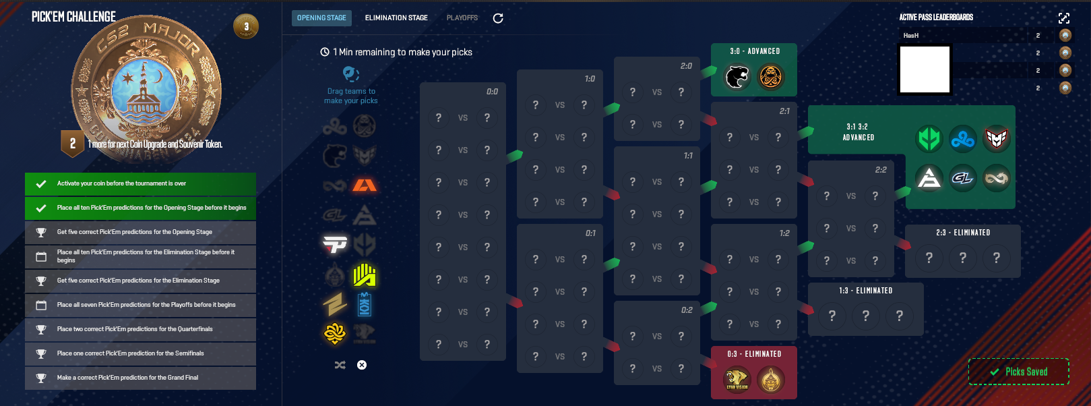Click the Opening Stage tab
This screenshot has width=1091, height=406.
[321, 18]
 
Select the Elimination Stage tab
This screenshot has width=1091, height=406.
[396, 18]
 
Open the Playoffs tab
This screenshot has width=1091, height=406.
[462, 18]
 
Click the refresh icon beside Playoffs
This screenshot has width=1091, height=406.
[498, 18]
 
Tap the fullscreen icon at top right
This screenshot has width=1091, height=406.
[1064, 18]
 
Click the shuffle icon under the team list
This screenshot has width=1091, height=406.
[340, 365]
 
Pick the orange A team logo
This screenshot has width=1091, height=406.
[365, 184]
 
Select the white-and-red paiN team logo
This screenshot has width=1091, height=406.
[335, 244]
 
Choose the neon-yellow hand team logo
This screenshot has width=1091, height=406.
[365, 274]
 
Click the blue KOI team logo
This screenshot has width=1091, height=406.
[365, 304]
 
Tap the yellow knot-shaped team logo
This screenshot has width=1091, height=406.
[335, 333]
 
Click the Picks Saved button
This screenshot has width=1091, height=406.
[1019, 372]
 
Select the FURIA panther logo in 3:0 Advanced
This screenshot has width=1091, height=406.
[737, 76]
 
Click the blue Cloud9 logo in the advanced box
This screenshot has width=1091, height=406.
[962, 139]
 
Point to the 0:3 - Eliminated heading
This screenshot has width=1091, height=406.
[754, 354]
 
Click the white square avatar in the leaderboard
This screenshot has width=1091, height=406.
[925, 69]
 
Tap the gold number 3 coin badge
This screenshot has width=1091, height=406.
[246, 27]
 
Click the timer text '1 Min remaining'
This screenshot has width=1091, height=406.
[402, 52]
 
